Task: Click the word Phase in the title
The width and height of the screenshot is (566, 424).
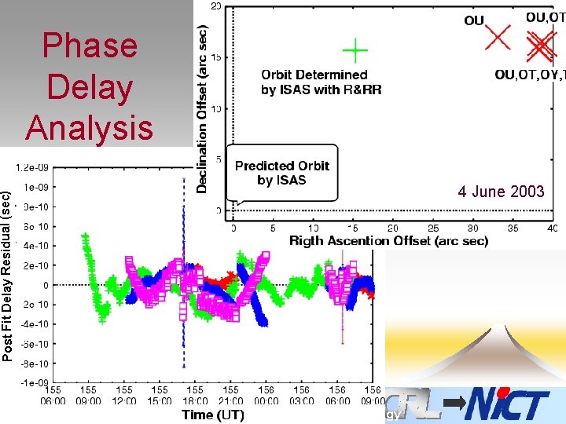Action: point(89,46)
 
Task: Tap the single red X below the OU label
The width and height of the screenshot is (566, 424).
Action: point(498,37)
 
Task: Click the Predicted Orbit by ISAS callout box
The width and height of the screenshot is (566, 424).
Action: point(282,173)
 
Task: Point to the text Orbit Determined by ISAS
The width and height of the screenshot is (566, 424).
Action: point(321,82)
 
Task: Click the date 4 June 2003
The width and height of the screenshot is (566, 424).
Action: point(501,192)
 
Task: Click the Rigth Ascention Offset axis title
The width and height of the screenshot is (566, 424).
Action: point(388,241)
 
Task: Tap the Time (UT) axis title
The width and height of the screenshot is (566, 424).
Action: point(212,415)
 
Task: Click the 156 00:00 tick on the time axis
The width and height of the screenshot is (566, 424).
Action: point(266,395)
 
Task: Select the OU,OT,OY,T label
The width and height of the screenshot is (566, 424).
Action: point(529,75)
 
